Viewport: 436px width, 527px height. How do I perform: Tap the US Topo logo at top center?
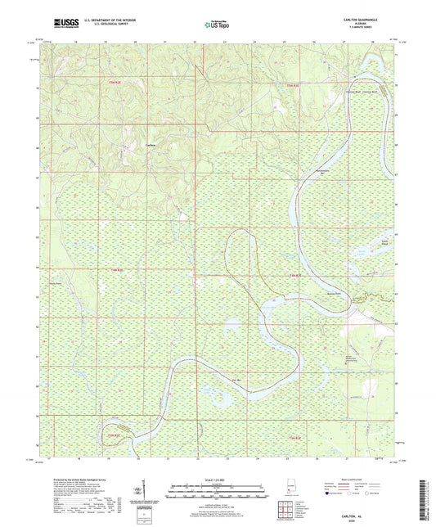(x=217, y=25)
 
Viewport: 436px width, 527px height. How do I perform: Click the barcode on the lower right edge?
(x=429, y=491)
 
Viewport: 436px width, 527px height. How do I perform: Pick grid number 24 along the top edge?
(x=255, y=39)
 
